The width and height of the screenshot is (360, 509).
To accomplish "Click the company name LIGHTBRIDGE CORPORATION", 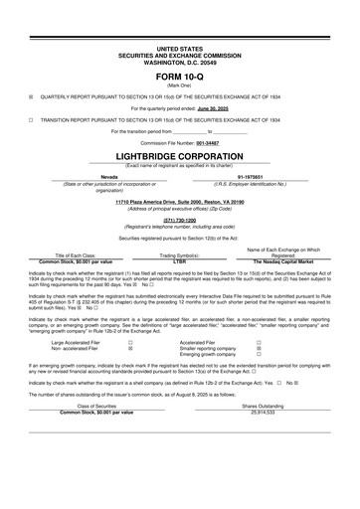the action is coord(180,156).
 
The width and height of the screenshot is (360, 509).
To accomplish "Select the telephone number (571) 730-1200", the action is coord(180,221).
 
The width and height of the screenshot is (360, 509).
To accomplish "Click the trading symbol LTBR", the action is coord(180,261).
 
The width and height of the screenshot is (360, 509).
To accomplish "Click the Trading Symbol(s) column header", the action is coord(180,255).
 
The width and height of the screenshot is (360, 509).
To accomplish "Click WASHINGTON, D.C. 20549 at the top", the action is coord(180,61).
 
